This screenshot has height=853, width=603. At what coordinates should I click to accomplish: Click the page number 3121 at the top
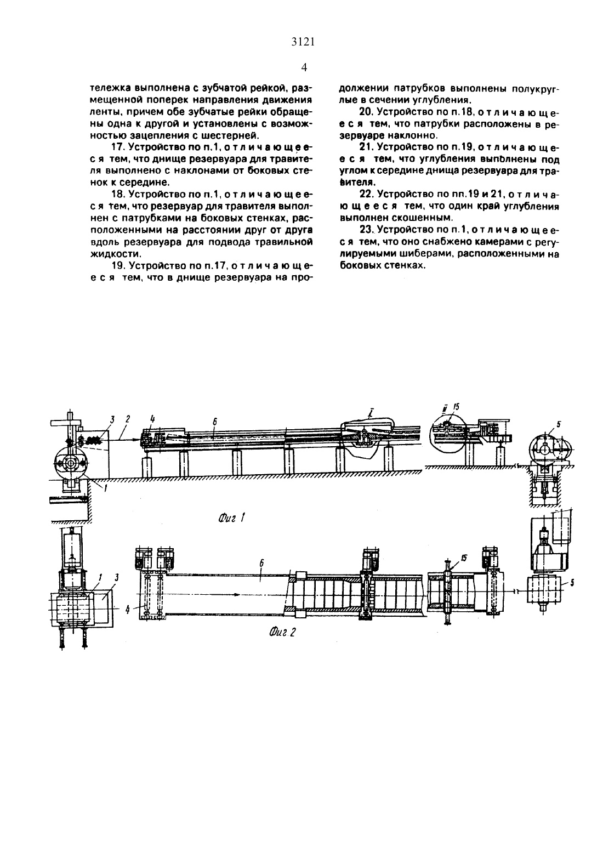(x=303, y=42)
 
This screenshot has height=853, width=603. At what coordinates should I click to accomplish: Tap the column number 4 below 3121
(x=304, y=67)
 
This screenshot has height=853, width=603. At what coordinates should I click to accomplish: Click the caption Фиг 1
(x=232, y=518)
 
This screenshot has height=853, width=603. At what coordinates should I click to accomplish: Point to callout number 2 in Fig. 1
(x=128, y=419)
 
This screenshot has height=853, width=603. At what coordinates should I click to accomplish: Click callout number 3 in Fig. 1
(x=112, y=419)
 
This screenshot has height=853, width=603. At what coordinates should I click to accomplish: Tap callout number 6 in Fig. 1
(x=215, y=422)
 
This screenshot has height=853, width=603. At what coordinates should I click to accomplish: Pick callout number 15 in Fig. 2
(x=464, y=559)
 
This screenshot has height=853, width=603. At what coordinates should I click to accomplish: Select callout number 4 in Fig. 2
(x=128, y=609)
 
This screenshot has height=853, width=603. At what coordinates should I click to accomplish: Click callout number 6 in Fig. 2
(x=261, y=563)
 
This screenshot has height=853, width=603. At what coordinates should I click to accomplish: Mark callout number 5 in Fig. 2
(x=572, y=582)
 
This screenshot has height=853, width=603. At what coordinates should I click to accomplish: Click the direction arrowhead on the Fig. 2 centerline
(x=236, y=594)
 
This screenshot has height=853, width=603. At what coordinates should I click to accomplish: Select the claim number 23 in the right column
(x=366, y=230)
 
